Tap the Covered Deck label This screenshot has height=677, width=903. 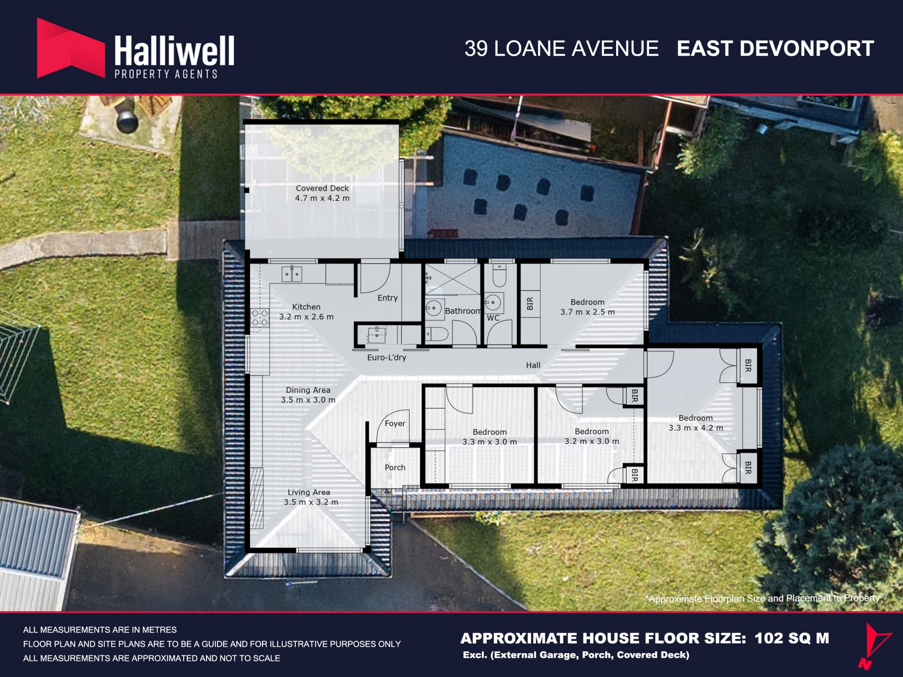pyautogui.click(x=322, y=188)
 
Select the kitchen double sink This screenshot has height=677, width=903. pyautogui.click(x=292, y=274)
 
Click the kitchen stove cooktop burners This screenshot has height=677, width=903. pyautogui.click(x=260, y=318)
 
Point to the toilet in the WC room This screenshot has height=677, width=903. pyautogui.click(x=499, y=275)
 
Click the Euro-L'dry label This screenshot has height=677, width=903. pyautogui.click(x=387, y=358)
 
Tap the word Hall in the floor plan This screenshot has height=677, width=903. pyautogui.click(x=533, y=365)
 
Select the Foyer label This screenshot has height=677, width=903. pyautogui.click(x=395, y=423)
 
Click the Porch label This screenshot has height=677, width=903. pyautogui.click(x=395, y=468)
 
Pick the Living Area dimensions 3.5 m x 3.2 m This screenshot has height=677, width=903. pyautogui.click(x=311, y=502)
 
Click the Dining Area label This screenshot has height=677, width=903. pyautogui.click(x=308, y=390)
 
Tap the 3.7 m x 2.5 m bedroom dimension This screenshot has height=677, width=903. pyautogui.click(x=587, y=312)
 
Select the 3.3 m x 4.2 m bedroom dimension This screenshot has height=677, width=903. pyautogui.click(x=696, y=428)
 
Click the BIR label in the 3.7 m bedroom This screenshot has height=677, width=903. pyautogui.click(x=530, y=303)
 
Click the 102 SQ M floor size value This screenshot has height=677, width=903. pyautogui.click(x=792, y=638)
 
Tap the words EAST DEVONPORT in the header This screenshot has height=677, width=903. pyautogui.click(x=775, y=48)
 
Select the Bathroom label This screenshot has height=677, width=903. pyautogui.click(x=463, y=311)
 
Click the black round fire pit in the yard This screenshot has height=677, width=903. pyautogui.click(x=127, y=121)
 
